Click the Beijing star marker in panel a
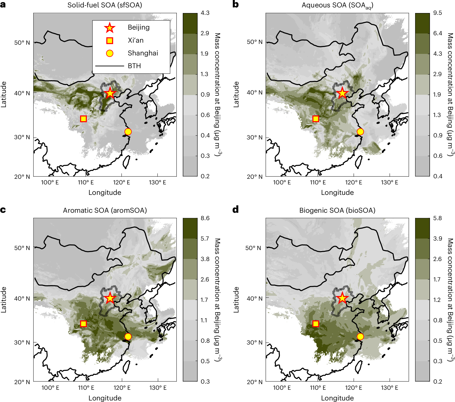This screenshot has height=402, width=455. click(x=110, y=93)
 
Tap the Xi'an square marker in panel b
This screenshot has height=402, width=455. click(x=316, y=119)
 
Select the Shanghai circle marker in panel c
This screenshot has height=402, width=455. click(x=128, y=337)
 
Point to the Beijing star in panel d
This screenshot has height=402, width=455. click(x=342, y=298)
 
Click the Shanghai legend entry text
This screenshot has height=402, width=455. click(x=143, y=53)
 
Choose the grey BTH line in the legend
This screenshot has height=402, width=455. click(x=109, y=66)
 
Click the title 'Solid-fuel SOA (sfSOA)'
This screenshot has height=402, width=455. click(x=105, y=5)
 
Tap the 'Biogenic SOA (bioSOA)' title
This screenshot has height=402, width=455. click(x=337, y=210)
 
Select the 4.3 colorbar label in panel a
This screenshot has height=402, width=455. click(x=205, y=13)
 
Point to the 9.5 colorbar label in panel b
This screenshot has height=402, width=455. click(x=437, y=13)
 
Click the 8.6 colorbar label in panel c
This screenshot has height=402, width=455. click(x=205, y=218)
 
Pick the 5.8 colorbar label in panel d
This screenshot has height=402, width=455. click(x=437, y=218)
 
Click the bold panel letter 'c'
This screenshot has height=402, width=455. click(x=3, y=210)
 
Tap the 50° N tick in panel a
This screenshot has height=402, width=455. click(x=22, y=43)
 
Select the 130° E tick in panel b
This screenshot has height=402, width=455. click(x=390, y=182)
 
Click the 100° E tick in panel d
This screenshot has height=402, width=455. click(x=282, y=388)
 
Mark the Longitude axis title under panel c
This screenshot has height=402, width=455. click(x=105, y=398)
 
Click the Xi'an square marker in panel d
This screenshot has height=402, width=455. click(x=316, y=324)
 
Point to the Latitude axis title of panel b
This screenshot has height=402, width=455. click(x=236, y=94)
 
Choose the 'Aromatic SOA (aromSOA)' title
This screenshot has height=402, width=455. click(x=105, y=210)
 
